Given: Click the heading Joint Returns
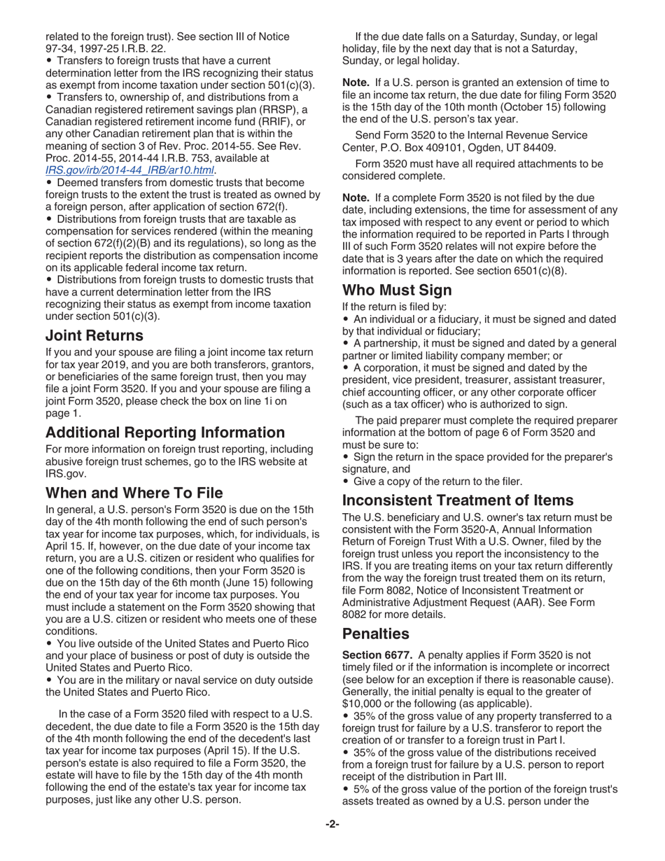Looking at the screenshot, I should pyautogui.click(x=93, y=335).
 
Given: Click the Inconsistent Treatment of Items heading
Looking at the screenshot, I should pyautogui.click(x=467, y=500).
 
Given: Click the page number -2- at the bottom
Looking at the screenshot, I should pyautogui.click(x=332, y=843).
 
